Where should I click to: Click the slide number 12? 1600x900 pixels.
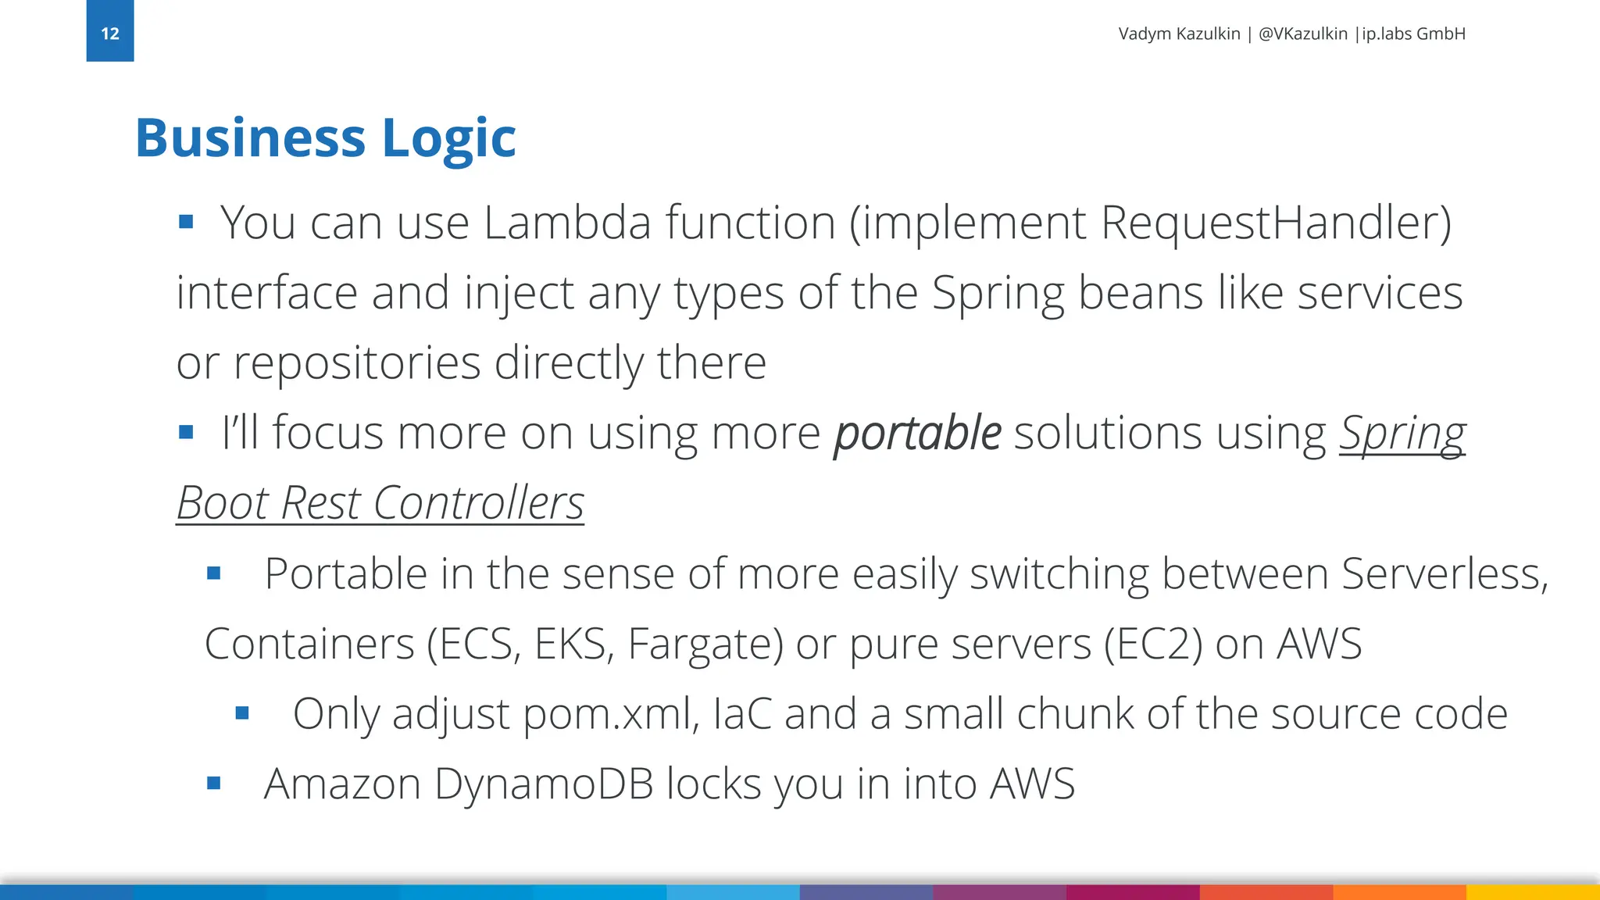click(110, 34)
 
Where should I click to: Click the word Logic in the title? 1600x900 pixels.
click(448, 138)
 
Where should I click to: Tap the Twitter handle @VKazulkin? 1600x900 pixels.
click(1302, 34)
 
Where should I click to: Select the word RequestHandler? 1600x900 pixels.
click(1275, 223)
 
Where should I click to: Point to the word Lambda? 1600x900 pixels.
click(567, 223)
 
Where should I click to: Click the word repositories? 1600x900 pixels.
click(357, 362)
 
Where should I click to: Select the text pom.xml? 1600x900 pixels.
click(610, 714)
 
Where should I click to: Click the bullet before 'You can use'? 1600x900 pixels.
click(186, 223)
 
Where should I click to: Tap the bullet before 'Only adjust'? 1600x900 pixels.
click(242, 713)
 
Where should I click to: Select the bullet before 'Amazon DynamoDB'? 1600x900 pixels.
click(214, 783)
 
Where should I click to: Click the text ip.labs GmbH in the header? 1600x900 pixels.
click(1413, 34)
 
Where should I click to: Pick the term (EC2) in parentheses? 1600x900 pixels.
click(1153, 644)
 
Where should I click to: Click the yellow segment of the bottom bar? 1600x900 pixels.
click(1533, 892)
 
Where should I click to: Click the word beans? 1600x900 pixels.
click(1141, 293)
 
